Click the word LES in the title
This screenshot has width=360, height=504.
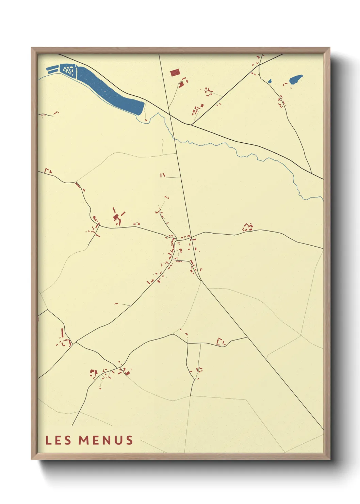click(58, 440)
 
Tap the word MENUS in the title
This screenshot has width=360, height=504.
click(105, 440)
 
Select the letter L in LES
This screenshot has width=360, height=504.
click(48, 440)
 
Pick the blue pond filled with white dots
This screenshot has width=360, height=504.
click(69, 70)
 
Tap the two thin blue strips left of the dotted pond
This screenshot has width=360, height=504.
click(52, 69)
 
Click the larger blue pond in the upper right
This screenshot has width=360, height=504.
click(295, 80)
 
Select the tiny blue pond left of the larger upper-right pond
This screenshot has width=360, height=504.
click(270, 81)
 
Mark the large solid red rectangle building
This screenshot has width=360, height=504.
click(175, 73)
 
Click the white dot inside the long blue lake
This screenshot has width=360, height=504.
click(105, 91)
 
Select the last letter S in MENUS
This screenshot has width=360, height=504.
click(129, 440)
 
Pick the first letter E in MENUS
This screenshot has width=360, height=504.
click(96, 440)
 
